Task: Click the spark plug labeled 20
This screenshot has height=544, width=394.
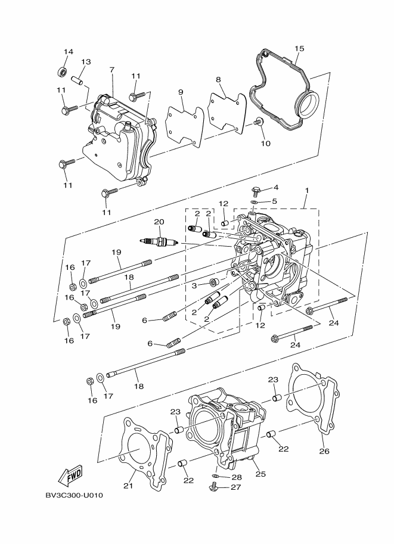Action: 159,241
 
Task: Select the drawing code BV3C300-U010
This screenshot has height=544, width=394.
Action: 75,495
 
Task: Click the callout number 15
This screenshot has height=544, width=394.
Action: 299,48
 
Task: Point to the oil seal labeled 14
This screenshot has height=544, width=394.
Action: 62,72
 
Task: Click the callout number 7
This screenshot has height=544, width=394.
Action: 111,70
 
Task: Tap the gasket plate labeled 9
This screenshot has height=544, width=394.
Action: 185,126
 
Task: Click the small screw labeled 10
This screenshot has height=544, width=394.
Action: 258,122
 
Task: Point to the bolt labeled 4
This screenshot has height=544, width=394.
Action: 256,191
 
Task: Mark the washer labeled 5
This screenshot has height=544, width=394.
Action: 255,202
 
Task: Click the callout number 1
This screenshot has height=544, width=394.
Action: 307,191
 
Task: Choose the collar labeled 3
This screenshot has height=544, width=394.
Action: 214,282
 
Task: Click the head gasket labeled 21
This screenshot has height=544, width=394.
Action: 146,447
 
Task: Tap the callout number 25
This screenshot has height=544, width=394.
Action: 260,474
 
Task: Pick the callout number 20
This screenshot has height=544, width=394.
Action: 159,222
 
